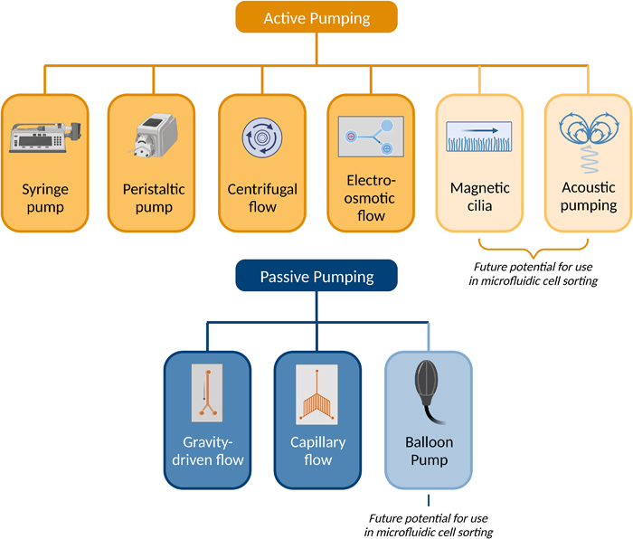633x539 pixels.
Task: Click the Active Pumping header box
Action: pyautogui.click(x=316, y=18)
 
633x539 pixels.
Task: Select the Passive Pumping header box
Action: pyautogui.click(x=316, y=277)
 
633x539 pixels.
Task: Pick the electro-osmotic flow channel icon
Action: pyautogui.click(x=371, y=136)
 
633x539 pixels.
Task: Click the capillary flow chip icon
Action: pyautogui.click(x=317, y=393)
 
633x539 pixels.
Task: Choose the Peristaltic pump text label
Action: pyautogui.click(x=154, y=198)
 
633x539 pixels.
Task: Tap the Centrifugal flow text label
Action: pyautogui.click(x=262, y=198)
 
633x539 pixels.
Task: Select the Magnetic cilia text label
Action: pyautogui.click(x=479, y=197)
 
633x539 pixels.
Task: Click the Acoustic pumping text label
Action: pyautogui.click(x=588, y=197)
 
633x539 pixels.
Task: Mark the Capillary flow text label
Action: pyautogui.click(x=317, y=451)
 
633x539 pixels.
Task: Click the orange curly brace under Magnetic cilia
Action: pyautogui.click(x=533, y=246)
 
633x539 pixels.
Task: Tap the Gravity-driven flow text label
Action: pyautogui.click(x=208, y=451)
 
